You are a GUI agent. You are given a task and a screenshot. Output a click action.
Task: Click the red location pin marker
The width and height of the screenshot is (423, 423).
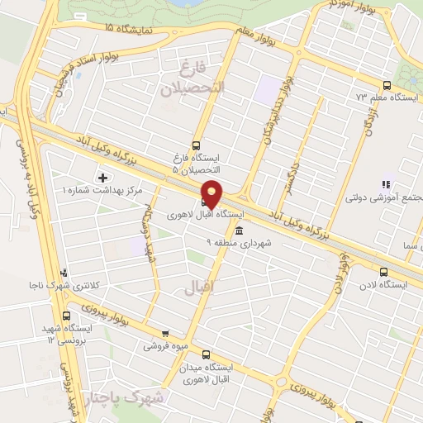(212, 193)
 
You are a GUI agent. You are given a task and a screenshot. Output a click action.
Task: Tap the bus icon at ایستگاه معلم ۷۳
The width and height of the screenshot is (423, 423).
(387, 85)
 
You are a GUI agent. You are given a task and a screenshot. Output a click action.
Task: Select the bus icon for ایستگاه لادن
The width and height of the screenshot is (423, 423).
(383, 271)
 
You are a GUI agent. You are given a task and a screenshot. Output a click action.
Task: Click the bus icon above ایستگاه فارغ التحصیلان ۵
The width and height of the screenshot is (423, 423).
(196, 144)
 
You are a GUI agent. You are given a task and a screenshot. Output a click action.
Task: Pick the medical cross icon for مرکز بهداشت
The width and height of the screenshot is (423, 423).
(102, 177)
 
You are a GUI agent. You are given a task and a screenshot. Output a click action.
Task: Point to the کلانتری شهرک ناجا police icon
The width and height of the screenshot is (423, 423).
(65, 273)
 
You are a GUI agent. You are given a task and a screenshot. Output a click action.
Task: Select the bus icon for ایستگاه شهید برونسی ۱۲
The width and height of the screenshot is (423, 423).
(66, 315)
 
